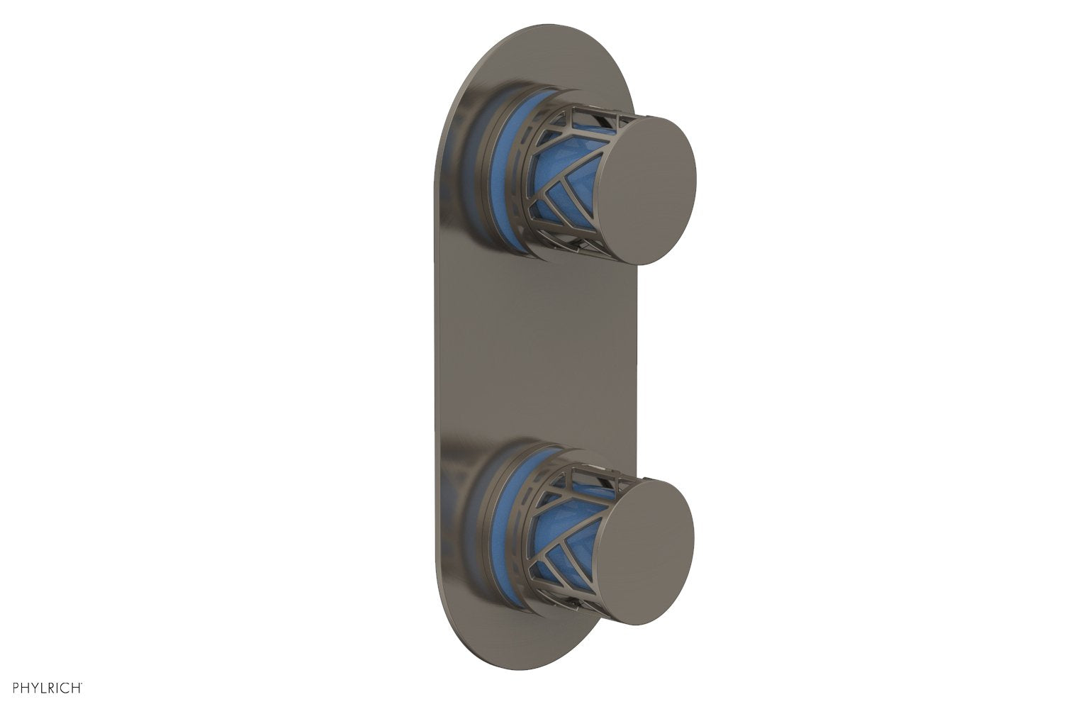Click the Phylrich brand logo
(43, 687)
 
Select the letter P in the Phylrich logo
(6, 687)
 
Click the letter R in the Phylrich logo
(48, 687)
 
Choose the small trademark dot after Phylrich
(83, 684)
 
